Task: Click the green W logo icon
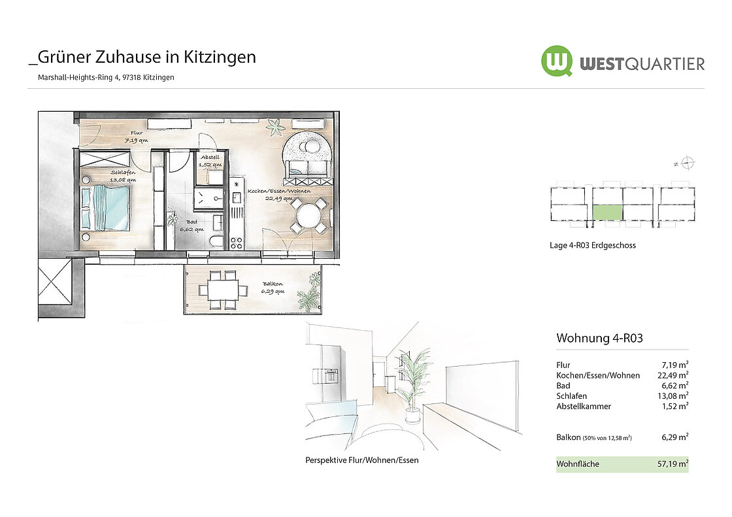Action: point(556,61)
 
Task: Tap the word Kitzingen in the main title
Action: point(220,57)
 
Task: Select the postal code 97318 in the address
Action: point(131,78)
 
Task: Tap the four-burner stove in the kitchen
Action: point(236,243)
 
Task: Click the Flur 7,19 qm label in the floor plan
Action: point(137,137)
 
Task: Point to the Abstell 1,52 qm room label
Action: point(210,161)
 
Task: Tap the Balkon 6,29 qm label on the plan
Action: point(273,288)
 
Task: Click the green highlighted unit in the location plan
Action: point(607,212)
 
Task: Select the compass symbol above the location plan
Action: point(687,163)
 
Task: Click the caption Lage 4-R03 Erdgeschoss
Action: point(592,245)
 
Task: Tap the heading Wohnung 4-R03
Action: point(599,338)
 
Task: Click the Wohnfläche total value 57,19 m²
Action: point(673,464)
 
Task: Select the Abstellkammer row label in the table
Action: point(584,407)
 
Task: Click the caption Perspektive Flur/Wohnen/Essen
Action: point(362,460)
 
